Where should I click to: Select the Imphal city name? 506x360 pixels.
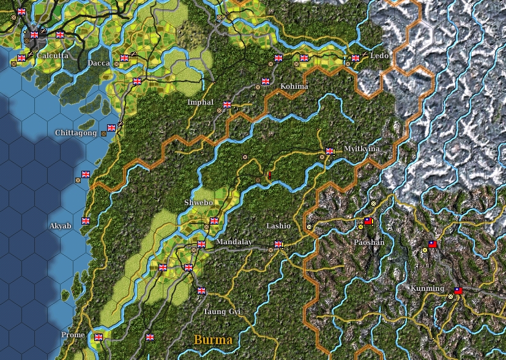201,102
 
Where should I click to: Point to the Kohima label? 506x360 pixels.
294,86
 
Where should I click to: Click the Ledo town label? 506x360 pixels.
380,56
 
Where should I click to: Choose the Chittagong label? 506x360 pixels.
76,133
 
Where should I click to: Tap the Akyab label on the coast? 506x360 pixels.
61,226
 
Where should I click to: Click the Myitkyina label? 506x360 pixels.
362,149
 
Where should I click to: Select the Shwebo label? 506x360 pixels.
198,203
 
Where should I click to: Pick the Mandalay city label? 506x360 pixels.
234,242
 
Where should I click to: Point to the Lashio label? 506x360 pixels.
278,226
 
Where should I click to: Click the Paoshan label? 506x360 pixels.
370,242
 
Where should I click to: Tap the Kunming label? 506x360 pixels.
428,288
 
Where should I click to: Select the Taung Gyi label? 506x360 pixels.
222,312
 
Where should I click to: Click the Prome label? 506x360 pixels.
73,335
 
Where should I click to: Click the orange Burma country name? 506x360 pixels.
213,340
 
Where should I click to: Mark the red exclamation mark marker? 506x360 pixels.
269,175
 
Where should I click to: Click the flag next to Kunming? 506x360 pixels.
458,291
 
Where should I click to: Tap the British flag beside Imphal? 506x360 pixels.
228,105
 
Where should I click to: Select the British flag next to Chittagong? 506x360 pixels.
111,128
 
